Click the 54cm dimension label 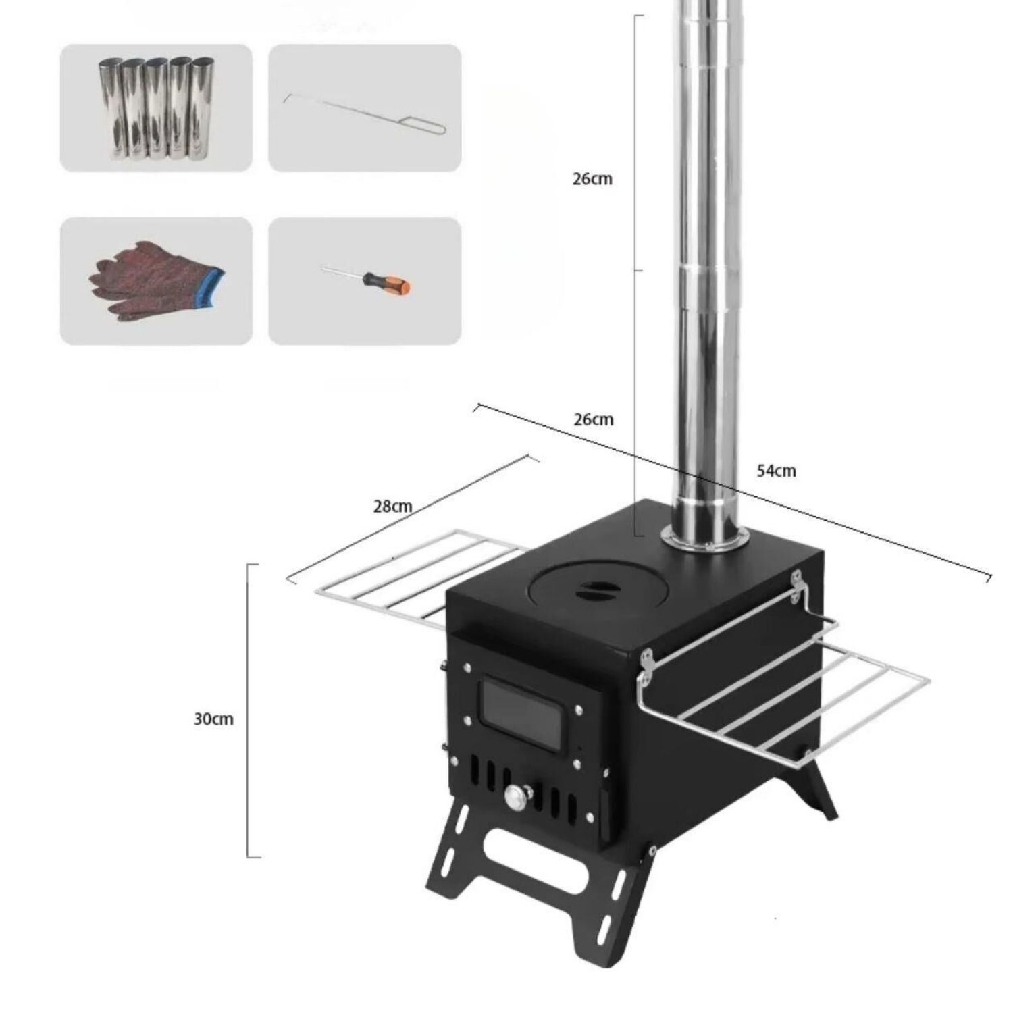click(776, 471)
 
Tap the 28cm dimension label click(392, 506)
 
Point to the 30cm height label click(213, 719)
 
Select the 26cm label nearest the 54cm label click(594, 419)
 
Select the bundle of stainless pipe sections click(156, 109)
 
